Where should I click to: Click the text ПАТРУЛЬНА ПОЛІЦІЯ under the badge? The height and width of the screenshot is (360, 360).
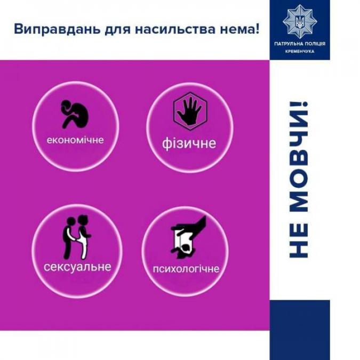(300, 44)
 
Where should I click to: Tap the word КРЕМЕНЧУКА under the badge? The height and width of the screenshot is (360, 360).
(300, 51)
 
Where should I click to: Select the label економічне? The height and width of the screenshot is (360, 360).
(75, 140)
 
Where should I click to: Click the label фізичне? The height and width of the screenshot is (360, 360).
(189, 143)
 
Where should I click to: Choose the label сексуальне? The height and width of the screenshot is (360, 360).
(77, 267)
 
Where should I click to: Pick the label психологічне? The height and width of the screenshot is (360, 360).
(186, 269)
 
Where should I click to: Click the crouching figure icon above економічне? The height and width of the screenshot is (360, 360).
(75, 114)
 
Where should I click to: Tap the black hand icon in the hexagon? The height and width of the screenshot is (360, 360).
(190, 111)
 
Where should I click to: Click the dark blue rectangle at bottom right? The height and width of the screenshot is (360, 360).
(300, 330)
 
